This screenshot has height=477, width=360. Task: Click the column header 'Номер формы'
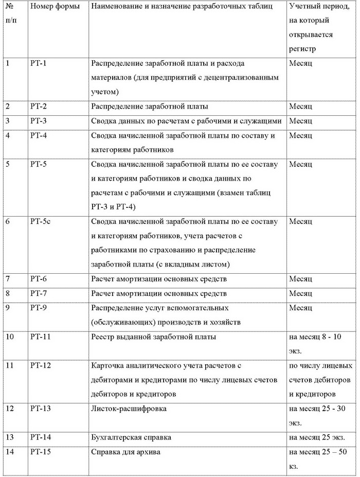[x=55, y=7]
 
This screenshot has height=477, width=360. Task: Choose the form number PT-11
[x=41, y=337]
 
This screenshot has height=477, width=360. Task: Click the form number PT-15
[x=41, y=452]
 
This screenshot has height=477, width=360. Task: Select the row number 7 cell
[x=8, y=279]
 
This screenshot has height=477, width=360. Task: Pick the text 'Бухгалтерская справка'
[x=131, y=437]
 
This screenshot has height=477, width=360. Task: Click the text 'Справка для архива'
[x=125, y=452]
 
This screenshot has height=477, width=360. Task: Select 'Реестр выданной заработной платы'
[x=153, y=337]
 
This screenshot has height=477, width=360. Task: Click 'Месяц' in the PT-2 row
[x=301, y=107]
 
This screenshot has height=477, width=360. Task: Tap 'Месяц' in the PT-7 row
[x=301, y=293]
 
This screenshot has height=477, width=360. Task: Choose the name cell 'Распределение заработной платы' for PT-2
[x=150, y=107]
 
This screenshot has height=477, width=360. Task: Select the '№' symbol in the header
[x=9, y=7]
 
